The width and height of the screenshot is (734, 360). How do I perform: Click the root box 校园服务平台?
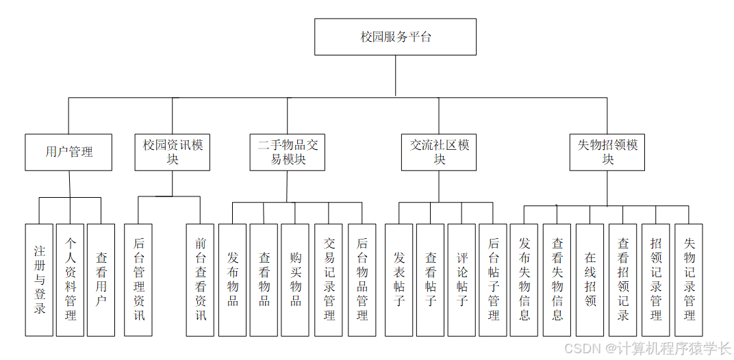pyautogui.click(x=395, y=37)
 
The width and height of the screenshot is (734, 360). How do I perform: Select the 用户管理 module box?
pyautogui.click(x=69, y=152)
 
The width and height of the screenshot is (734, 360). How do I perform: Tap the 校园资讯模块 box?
pyautogui.click(x=173, y=152)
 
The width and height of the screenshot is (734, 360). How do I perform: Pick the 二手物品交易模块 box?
pyautogui.click(x=288, y=152)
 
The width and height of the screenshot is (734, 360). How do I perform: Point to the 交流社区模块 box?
pyautogui.click(x=439, y=152)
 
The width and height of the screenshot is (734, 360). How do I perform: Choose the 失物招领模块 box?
pyautogui.click(x=607, y=152)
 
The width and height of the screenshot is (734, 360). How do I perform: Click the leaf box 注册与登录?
pyautogui.click(x=39, y=280)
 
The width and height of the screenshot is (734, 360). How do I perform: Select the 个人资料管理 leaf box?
pyautogui.click(x=70, y=280)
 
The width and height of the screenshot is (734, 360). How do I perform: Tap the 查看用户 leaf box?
pyautogui.click(x=101, y=280)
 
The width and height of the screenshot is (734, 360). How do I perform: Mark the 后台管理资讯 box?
pyautogui.click(x=138, y=280)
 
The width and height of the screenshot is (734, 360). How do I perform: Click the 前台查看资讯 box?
pyautogui.click(x=200, y=280)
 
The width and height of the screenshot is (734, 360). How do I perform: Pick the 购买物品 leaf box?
pyautogui.click(x=295, y=280)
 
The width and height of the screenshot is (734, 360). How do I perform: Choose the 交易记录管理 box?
pyautogui.click(x=329, y=280)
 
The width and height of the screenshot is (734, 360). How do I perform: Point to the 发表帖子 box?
pyautogui.click(x=399, y=280)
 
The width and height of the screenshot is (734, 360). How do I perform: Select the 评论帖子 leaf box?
pyautogui.click(x=461, y=280)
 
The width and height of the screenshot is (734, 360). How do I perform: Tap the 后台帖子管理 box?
pyautogui.click(x=493, y=280)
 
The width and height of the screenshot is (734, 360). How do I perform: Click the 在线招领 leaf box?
pyautogui.click(x=590, y=280)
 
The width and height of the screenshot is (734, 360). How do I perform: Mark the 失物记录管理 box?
pyautogui.click(x=689, y=280)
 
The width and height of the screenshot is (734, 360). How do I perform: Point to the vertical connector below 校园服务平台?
pyautogui.click(x=396, y=76)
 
